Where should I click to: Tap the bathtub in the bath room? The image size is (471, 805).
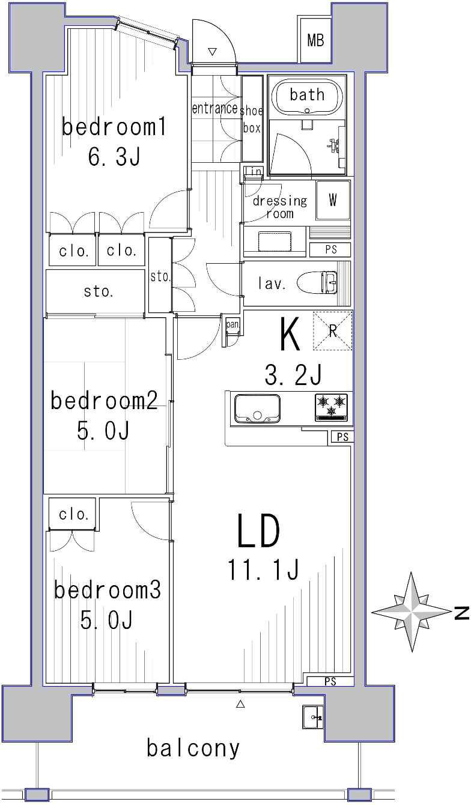pyautogui.click(x=307, y=97)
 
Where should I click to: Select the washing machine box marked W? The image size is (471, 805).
pyautogui.click(x=333, y=200)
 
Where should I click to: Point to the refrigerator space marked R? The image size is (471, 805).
pyautogui.click(x=332, y=330)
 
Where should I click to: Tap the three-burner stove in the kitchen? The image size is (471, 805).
pyautogui.click(x=331, y=407)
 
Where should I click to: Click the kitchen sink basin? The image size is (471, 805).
pyautogui.click(x=257, y=409)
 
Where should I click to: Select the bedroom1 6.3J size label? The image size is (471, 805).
pyautogui.click(x=114, y=157)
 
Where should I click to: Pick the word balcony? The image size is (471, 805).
pyautogui.click(x=193, y=747)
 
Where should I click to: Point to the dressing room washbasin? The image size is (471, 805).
pyautogui.click(x=275, y=241)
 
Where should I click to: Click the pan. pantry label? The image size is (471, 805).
pyautogui.click(x=232, y=324)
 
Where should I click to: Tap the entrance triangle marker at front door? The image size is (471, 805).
pyautogui.click(x=213, y=52)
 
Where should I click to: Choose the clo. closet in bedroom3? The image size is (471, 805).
pyautogui.click(x=73, y=515)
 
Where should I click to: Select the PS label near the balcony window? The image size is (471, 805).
pyautogui.click(x=330, y=681)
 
